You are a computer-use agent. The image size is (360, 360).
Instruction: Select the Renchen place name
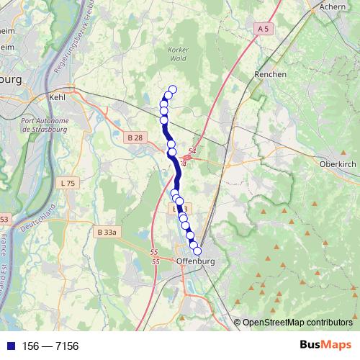[271, 74]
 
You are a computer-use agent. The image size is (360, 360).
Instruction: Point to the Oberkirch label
[334, 163]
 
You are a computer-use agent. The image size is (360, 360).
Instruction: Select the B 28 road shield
[134, 138]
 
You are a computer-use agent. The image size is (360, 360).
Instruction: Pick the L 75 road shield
[68, 183]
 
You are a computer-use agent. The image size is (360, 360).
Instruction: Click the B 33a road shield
[106, 232]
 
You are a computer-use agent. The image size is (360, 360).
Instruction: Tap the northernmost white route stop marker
[172, 90]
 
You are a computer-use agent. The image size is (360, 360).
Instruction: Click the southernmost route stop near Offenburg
[197, 251]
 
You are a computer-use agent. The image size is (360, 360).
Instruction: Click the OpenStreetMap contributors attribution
[297, 323]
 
